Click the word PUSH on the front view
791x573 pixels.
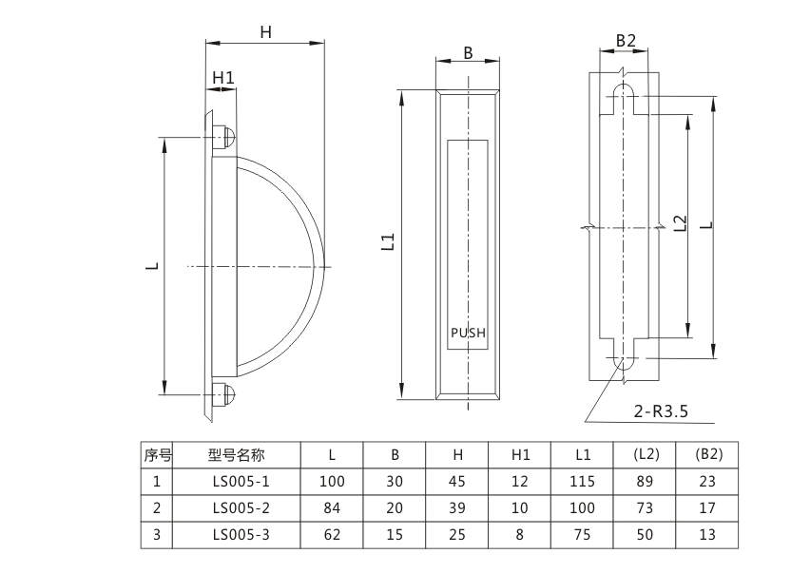[x=467, y=333]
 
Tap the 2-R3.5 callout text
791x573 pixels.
[x=659, y=411]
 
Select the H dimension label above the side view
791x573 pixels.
[x=266, y=31]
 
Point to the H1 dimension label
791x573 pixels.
[x=222, y=77]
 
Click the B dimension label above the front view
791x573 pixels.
[x=468, y=53]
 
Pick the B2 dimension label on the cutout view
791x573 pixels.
[x=625, y=41]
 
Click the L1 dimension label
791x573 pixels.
[x=388, y=242]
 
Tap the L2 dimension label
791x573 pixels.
[x=679, y=224]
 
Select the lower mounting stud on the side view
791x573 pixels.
[x=224, y=394]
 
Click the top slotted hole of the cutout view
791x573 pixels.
[x=624, y=95]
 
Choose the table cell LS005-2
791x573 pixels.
[x=241, y=507]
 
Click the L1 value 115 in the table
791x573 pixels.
[x=583, y=482]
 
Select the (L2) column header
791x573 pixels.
[x=646, y=454]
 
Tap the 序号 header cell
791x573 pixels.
[x=156, y=454]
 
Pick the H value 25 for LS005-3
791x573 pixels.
[x=456, y=535]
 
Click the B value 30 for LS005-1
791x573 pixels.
[x=395, y=482]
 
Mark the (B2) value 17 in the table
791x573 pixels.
[x=706, y=507]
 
